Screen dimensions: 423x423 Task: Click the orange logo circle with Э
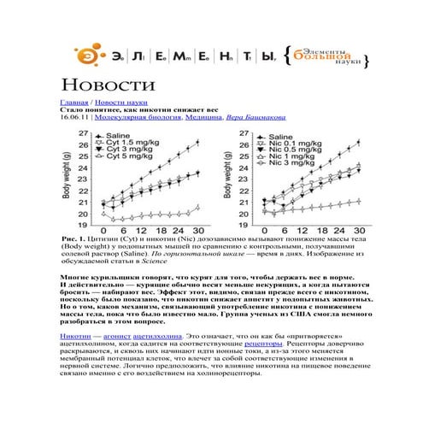click(86, 56)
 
